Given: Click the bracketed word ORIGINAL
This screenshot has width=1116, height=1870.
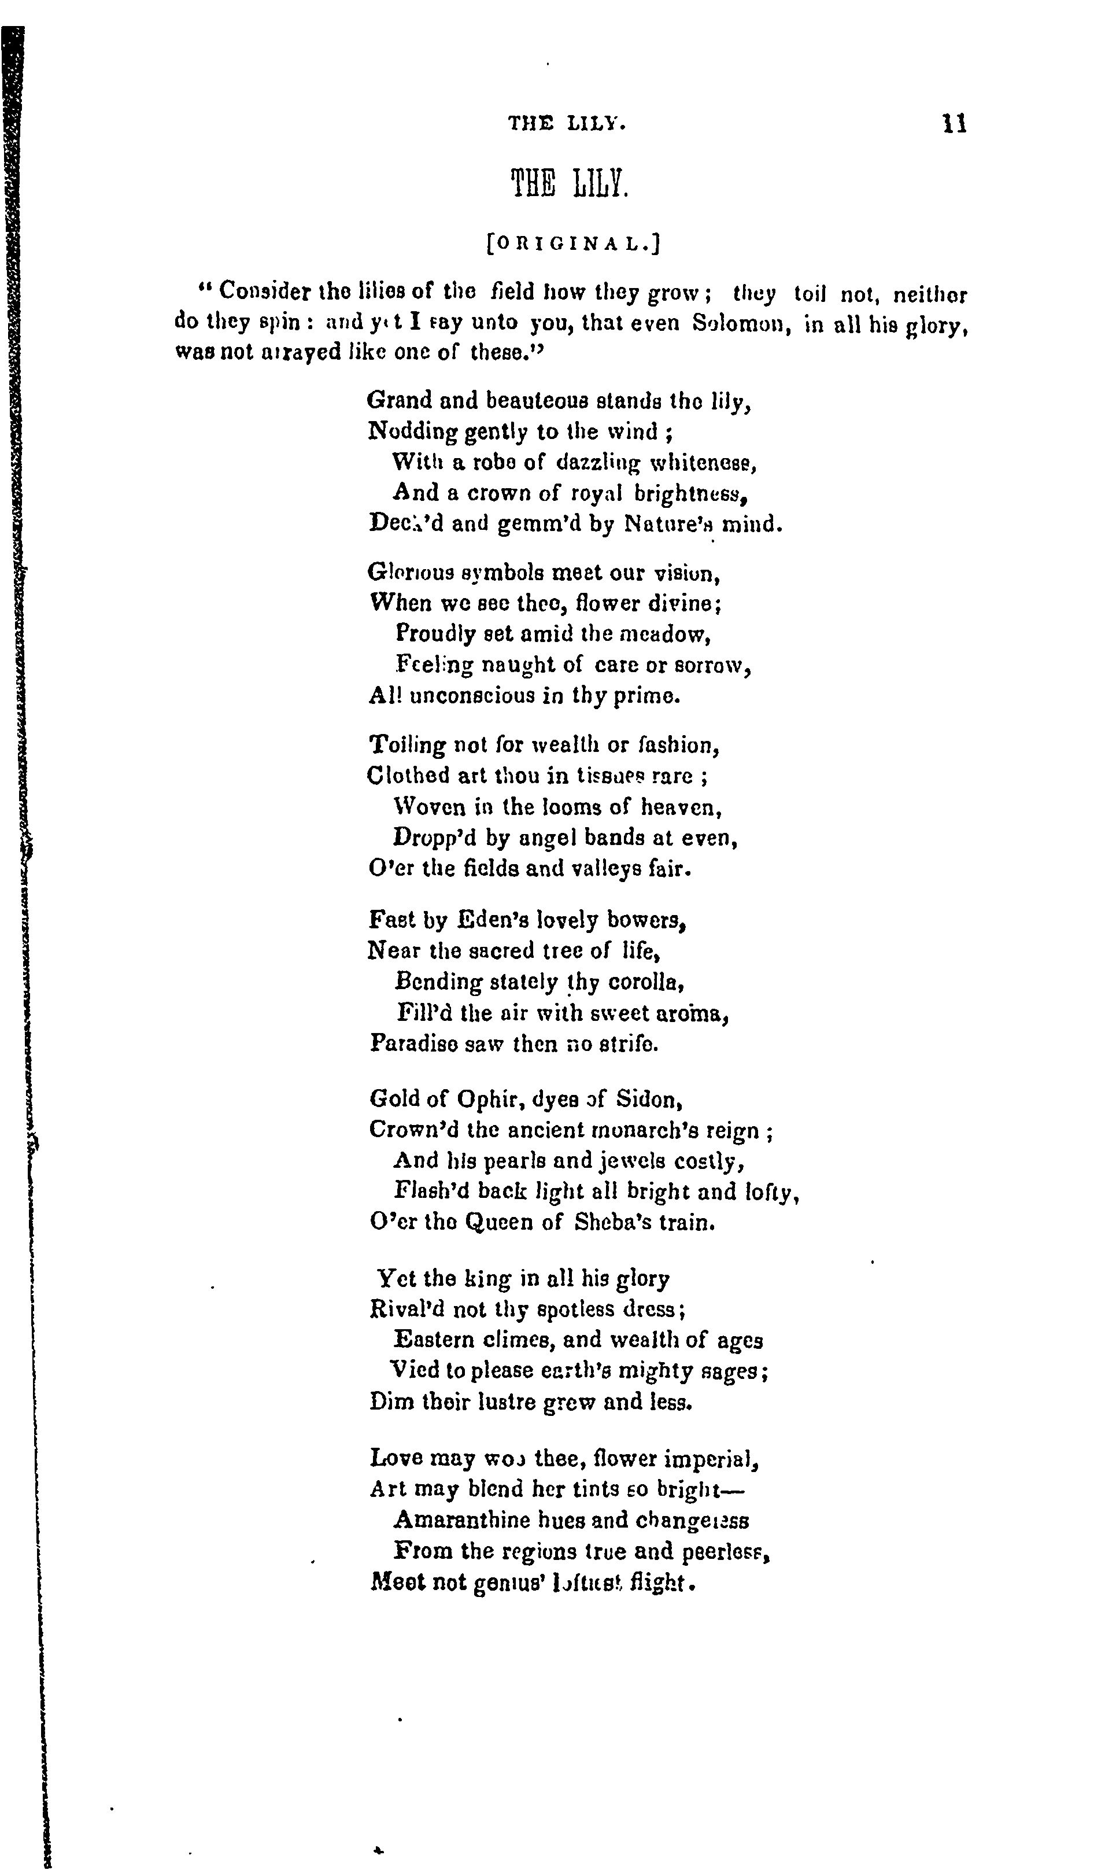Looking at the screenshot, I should pyautogui.click(x=573, y=243).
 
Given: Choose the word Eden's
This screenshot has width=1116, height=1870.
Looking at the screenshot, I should pyautogui.click(x=481, y=920).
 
